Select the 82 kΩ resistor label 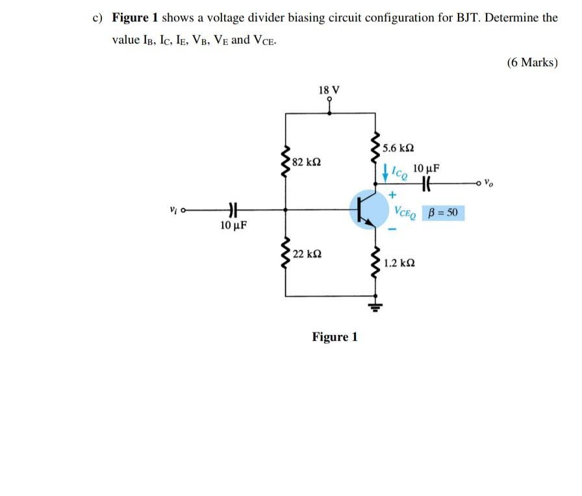click(306, 161)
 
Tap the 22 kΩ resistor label click(306, 253)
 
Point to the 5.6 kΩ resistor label click(398, 147)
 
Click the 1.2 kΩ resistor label click(399, 264)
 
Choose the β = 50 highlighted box click(444, 212)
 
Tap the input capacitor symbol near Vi click(231, 210)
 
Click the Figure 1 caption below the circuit click(335, 337)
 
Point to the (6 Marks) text click(531, 63)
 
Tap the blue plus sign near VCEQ click(392, 195)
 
